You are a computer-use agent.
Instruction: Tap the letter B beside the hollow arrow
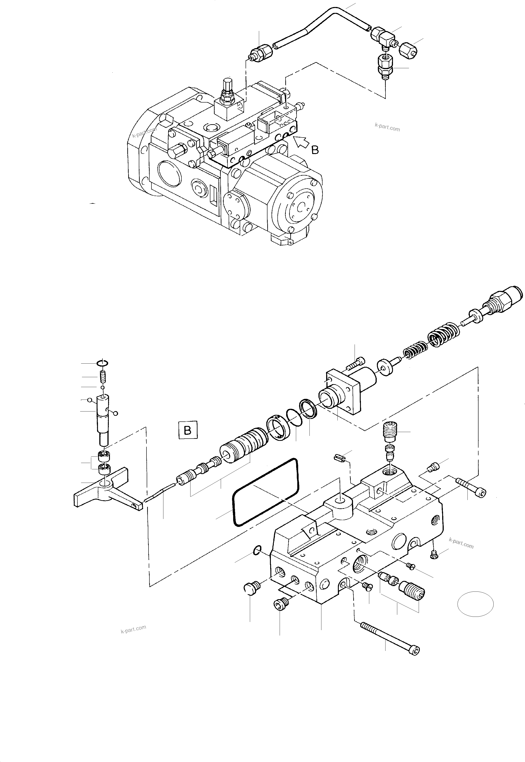pyautogui.click(x=315, y=150)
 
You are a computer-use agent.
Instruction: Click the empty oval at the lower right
pyautogui.click(x=475, y=604)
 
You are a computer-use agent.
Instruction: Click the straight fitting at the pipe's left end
pyautogui.click(x=262, y=53)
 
